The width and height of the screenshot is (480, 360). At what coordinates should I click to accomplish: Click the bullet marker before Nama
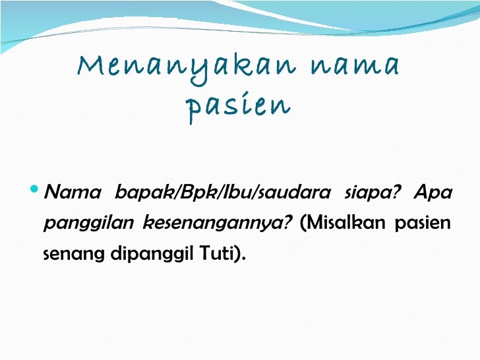click(x=36, y=193)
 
